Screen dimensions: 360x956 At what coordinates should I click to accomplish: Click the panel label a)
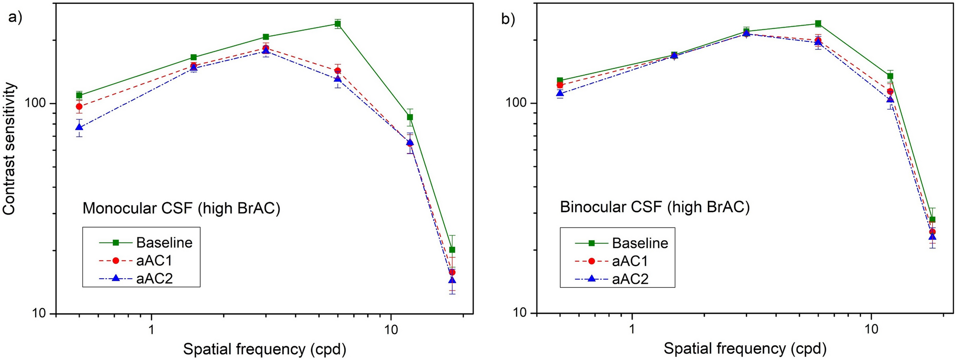[15, 18]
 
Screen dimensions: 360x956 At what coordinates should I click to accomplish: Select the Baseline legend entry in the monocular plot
[164, 243]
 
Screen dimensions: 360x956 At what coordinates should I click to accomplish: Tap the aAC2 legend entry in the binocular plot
[630, 279]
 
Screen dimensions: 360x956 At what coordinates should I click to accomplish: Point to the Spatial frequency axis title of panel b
[745, 349]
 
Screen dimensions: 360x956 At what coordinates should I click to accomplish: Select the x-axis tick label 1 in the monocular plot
[151, 329]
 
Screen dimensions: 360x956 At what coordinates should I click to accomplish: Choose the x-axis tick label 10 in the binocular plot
[871, 329]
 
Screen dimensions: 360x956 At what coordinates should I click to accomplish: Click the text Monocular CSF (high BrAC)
[181, 208]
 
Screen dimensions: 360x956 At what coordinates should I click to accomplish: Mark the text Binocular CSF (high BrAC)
[655, 207]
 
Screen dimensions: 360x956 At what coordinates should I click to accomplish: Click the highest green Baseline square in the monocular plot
[338, 24]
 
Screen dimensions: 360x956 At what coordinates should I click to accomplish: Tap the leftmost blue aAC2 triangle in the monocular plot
[79, 127]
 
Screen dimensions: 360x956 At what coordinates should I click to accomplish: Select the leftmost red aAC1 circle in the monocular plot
[79, 107]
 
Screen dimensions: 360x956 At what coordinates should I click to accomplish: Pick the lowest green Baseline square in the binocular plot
[932, 220]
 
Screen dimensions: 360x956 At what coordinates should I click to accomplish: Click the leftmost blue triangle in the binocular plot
[560, 93]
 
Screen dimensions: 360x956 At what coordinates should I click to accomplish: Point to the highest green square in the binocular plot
[818, 23]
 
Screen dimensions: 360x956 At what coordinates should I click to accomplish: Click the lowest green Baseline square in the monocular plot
[452, 250]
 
